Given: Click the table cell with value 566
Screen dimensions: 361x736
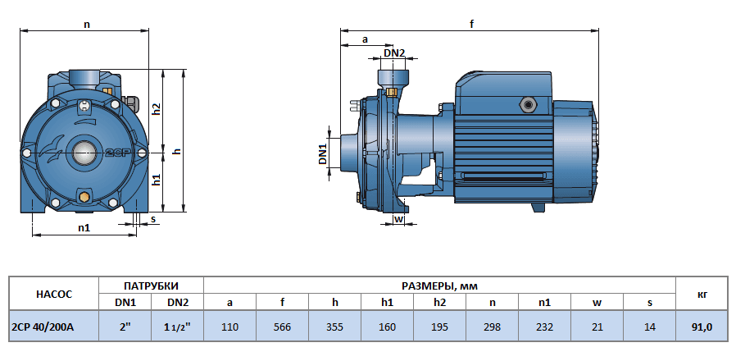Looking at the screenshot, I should (x=282, y=327).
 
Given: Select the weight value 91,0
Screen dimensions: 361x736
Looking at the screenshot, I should (x=702, y=327).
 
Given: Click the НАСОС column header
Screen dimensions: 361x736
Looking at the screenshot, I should (x=54, y=294).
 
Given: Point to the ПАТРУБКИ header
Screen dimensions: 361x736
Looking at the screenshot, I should (x=151, y=286).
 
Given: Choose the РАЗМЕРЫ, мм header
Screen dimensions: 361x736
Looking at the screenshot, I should (x=439, y=286).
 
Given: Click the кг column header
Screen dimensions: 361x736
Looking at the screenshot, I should (x=702, y=294).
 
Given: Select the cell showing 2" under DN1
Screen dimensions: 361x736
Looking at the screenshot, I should (x=125, y=327).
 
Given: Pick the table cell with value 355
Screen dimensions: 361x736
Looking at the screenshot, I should (x=334, y=327).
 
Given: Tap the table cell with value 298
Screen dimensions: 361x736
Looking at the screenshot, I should (x=492, y=327).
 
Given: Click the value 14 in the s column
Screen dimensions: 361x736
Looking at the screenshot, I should (x=649, y=327).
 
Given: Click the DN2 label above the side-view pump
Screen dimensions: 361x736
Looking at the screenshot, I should (x=394, y=53).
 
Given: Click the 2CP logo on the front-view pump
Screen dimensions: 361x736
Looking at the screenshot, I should (x=113, y=153).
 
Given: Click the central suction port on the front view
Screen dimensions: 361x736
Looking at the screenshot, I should (x=84, y=152).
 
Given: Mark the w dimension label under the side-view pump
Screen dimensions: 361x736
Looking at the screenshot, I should (x=398, y=219).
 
